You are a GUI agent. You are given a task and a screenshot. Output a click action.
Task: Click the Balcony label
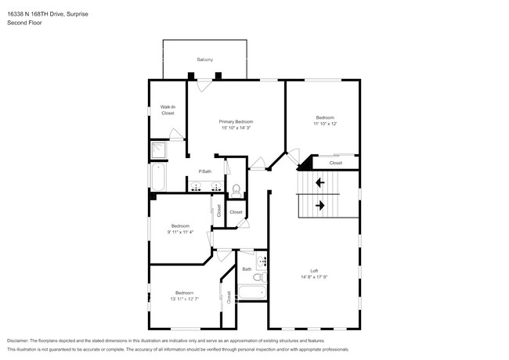(x=205, y=59)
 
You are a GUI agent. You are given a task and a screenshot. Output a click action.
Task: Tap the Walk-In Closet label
(x=168, y=110)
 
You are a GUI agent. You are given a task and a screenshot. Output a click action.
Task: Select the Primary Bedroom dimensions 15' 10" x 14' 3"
(x=236, y=128)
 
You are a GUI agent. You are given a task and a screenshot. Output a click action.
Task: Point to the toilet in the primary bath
(x=235, y=188)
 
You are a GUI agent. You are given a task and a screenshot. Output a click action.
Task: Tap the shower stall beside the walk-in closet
(x=159, y=150)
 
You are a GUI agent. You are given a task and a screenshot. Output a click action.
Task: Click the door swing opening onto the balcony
(x=204, y=85)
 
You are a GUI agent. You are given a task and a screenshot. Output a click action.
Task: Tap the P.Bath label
(x=204, y=171)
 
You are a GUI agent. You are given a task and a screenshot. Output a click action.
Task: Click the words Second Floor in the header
(x=24, y=23)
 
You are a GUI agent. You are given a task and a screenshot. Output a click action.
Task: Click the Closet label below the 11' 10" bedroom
(x=335, y=163)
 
